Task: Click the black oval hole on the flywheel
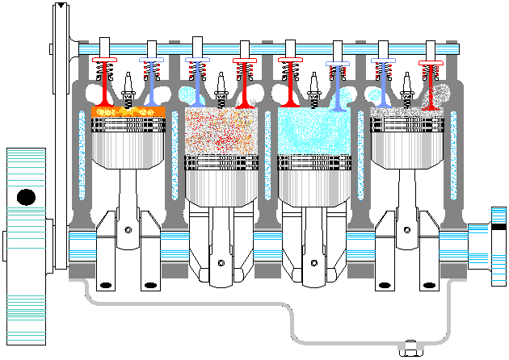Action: point(26,196)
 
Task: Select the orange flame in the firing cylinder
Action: point(128,111)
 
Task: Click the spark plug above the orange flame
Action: point(127,87)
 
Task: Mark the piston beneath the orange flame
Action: point(128,141)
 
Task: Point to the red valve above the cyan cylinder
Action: point(290,81)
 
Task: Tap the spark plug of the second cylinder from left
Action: point(221,87)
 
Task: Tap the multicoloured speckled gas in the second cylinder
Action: point(220,129)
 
